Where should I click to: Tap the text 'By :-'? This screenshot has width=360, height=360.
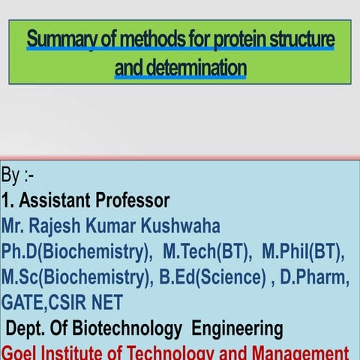[x=16, y=177]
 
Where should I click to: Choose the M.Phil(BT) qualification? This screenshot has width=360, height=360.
[x=304, y=252]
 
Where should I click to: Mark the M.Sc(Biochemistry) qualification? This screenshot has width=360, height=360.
[x=76, y=277]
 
